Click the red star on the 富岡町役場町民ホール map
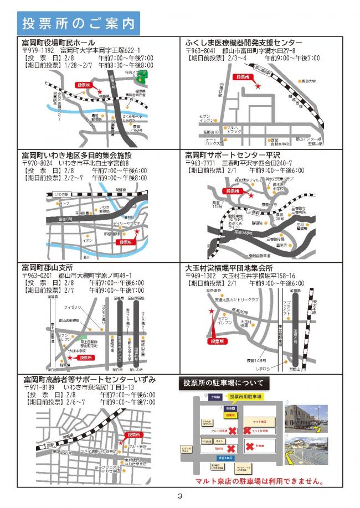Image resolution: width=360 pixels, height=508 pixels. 100,92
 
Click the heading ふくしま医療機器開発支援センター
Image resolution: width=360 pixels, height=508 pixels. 244,43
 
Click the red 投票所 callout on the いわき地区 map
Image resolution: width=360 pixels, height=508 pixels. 122,242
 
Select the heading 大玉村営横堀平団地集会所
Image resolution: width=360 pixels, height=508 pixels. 236,267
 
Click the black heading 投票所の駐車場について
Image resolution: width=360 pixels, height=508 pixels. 226,382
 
